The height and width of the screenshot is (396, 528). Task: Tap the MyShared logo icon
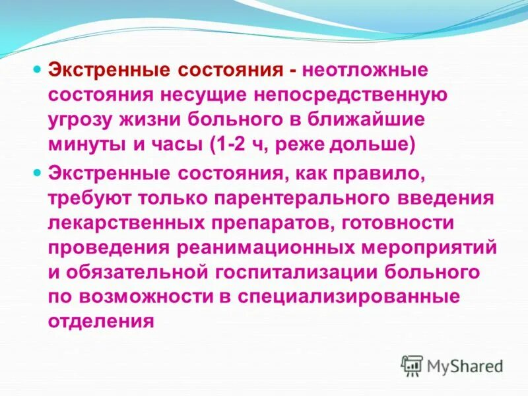(412, 365)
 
